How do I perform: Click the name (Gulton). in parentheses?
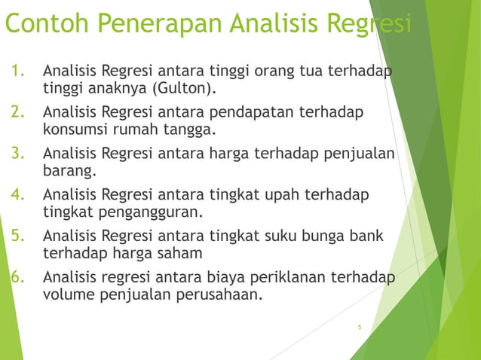pyautogui.click(x=184, y=90)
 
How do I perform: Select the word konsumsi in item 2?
pyautogui.click(x=75, y=130)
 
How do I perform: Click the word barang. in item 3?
pyautogui.click(x=70, y=171)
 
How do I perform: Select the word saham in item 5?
pyautogui.click(x=179, y=252)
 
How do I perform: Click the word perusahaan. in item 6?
pyautogui.click(x=220, y=293)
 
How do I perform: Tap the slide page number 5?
pyautogui.click(x=360, y=327)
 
